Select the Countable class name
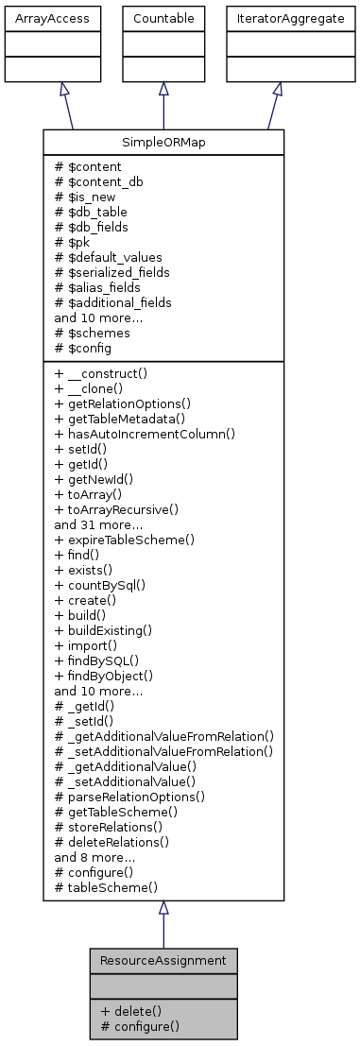[x=163, y=18]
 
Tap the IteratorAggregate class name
[x=277, y=18]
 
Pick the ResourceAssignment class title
[x=163, y=960]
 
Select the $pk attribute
[x=78, y=242]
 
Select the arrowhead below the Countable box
[x=163, y=88]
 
